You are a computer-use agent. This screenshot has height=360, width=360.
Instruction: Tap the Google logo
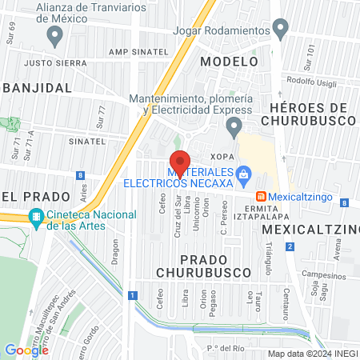tap(26, 350)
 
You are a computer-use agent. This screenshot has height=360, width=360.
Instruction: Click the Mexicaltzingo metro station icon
tap(261, 196)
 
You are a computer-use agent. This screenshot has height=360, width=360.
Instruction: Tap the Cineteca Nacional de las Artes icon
tap(36, 216)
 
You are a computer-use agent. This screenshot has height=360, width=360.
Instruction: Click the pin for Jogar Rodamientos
tap(280, 30)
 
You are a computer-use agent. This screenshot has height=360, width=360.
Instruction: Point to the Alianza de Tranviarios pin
tap(54, 34)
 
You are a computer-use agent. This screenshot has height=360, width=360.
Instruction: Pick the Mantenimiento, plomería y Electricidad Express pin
tap(234, 126)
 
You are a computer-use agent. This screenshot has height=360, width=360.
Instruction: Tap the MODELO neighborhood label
tap(229, 61)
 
